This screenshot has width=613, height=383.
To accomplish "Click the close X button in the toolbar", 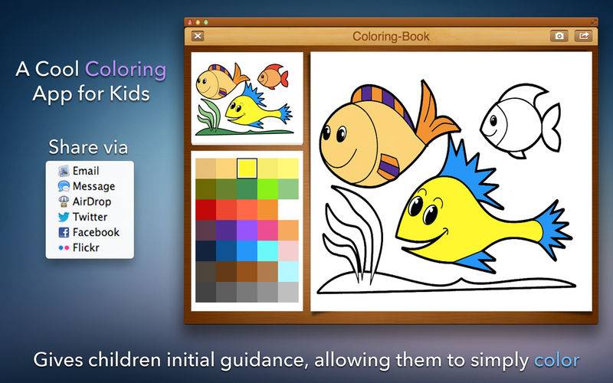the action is [198, 36].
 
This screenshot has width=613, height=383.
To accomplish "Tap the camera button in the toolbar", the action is [559, 36].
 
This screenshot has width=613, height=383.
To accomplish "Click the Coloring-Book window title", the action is [391, 36].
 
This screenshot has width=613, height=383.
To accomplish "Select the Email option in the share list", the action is [86, 171].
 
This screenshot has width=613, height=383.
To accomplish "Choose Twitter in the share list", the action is [90, 217].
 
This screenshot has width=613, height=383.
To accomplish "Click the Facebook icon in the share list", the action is [64, 232].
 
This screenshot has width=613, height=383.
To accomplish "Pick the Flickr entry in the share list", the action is [86, 247].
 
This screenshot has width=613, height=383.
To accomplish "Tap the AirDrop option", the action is [91, 201].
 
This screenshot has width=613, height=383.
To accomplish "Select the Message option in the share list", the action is [93, 186].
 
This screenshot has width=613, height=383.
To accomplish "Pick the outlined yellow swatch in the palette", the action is [247, 169].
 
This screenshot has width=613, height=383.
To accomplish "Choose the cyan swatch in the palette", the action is [267, 251].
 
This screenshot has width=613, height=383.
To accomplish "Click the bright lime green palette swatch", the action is [267, 189].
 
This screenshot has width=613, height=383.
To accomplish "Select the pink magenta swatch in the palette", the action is [267, 231].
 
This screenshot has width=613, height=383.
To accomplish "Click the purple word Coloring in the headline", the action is [126, 70].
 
